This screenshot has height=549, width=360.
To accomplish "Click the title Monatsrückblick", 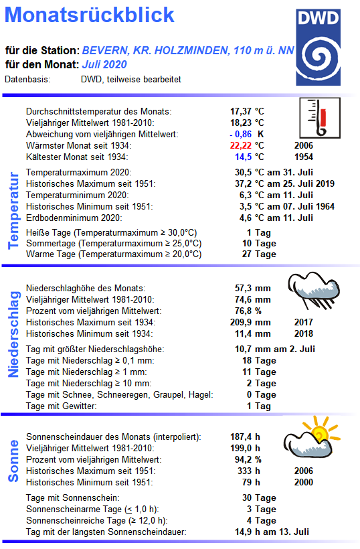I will click(94, 15).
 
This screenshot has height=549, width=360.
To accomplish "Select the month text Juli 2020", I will click(104, 65).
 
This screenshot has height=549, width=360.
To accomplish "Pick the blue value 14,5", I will click(242, 157).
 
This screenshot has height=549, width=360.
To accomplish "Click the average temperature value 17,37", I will click(242, 111).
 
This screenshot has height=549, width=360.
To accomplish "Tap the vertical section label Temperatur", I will click(13, 210).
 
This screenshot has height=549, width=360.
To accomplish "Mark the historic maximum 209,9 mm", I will click(250, 322).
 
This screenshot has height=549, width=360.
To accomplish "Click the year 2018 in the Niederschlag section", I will click(303, 333).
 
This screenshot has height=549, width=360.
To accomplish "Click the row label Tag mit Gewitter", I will click(61, 406).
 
